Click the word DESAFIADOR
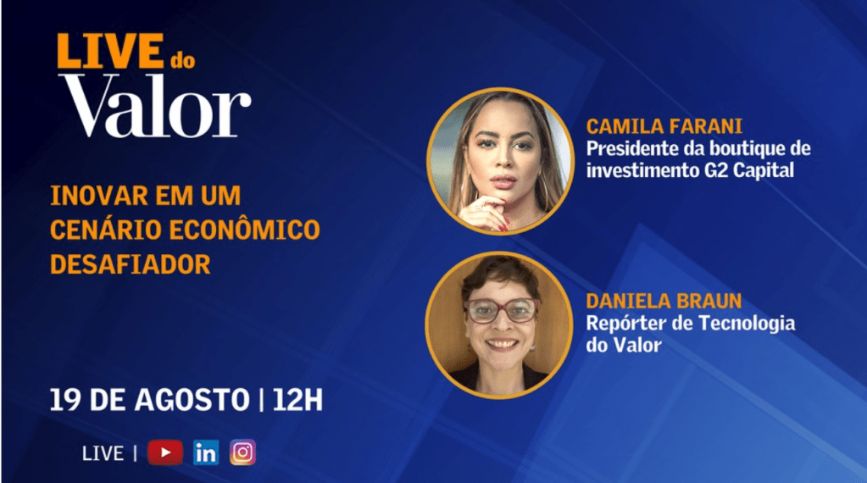[x=130, y=264]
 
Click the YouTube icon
[x=164, y=452]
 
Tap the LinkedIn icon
[x=205, y=452]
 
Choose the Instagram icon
[x=242, y=452]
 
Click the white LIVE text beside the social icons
[x=103, y=453]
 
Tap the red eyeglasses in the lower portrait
[x=501, y=311]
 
